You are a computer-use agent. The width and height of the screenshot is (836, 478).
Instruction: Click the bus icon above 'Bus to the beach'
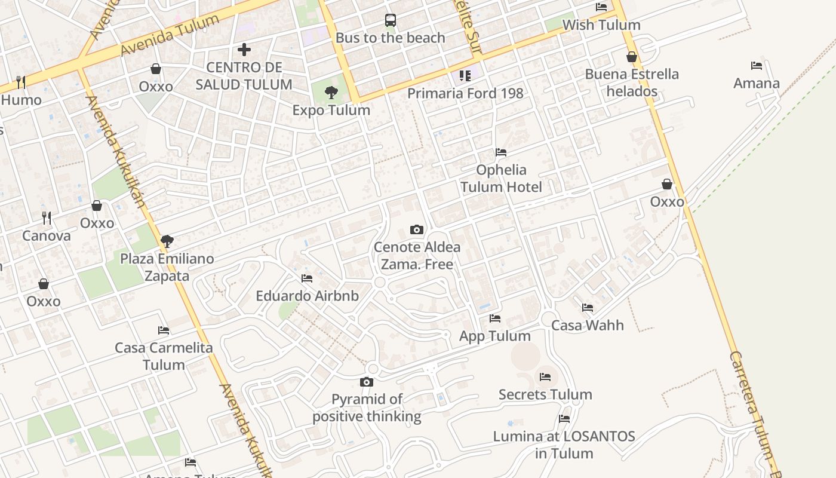tap(390, 20)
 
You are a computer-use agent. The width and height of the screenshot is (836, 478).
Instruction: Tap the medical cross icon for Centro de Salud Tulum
tap(244, 50)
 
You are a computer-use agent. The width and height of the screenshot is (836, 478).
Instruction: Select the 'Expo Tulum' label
tap(331, 110)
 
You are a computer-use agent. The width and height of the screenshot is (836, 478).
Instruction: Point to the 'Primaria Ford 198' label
tap(465, 93)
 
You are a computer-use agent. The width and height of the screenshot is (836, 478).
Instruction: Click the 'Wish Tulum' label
tap(601, 25)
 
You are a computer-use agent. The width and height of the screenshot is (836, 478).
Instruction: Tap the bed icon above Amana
tap(757, 66)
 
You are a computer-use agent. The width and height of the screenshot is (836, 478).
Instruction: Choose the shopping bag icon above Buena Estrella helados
tap(632, 57)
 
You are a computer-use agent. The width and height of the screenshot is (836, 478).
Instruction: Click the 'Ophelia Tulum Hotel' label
tap(501, 178)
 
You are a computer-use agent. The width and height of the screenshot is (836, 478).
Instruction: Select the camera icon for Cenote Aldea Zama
tap(417, 229)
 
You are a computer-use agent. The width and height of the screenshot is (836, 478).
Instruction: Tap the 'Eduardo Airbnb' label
tap(307, 296)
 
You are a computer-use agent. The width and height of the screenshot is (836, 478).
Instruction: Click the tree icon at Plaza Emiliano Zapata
tap(167, 241)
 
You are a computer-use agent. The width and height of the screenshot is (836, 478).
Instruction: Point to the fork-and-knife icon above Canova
tap(47, 217)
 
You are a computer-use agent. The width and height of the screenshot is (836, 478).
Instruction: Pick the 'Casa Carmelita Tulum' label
tap(164, 356)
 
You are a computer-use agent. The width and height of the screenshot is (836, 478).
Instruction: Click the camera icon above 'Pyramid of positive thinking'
tap(367, 382)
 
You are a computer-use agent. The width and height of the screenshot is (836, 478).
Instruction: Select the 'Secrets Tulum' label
tap(545, 394)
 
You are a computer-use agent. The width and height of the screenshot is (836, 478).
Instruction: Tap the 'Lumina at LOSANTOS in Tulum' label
tap(564, 445)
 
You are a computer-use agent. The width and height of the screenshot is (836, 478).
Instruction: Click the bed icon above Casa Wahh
tap(588, 308)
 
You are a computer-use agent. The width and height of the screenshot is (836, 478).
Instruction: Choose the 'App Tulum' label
tap(495, 336)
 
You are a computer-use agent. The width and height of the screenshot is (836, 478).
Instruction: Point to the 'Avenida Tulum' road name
tap(170, 36)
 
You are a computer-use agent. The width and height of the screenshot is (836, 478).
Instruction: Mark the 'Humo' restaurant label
tap(21, 100)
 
